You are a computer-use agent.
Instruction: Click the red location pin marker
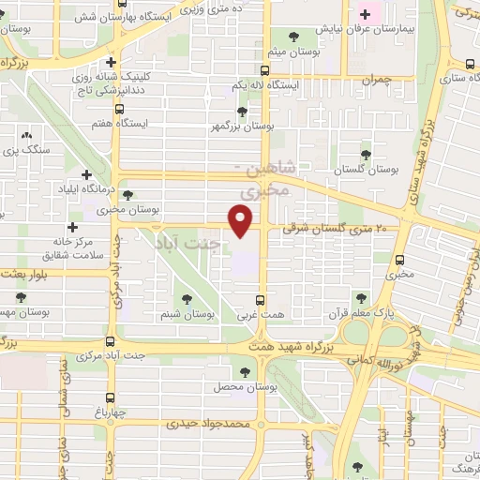[x=242, y=221]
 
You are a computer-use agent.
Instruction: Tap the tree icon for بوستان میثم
[x=293, y=37]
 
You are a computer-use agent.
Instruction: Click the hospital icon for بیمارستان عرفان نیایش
[x=366, y=14]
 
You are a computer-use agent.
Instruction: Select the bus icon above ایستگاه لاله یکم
[x=265, y=70]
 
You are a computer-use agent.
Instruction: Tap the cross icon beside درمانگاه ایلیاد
[x=87, y=174]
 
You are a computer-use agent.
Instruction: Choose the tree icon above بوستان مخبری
[x=127, y=195]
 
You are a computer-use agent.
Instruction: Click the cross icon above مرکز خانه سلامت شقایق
[x=72, y=227]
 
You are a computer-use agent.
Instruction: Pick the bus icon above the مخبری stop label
[x=400, y=261]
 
